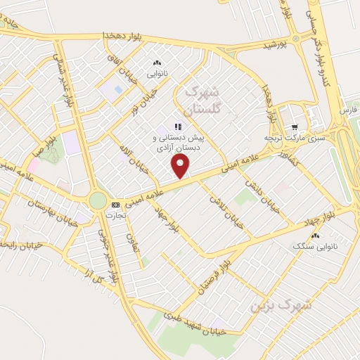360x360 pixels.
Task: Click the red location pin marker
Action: (x=181, y=166)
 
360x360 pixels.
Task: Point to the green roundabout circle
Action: (x=97, y=201)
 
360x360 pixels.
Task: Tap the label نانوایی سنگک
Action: (x=313, y=245)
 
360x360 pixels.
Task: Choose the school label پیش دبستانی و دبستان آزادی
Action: (x=179, y=144)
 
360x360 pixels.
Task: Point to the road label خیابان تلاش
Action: (x=224, y=207)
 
